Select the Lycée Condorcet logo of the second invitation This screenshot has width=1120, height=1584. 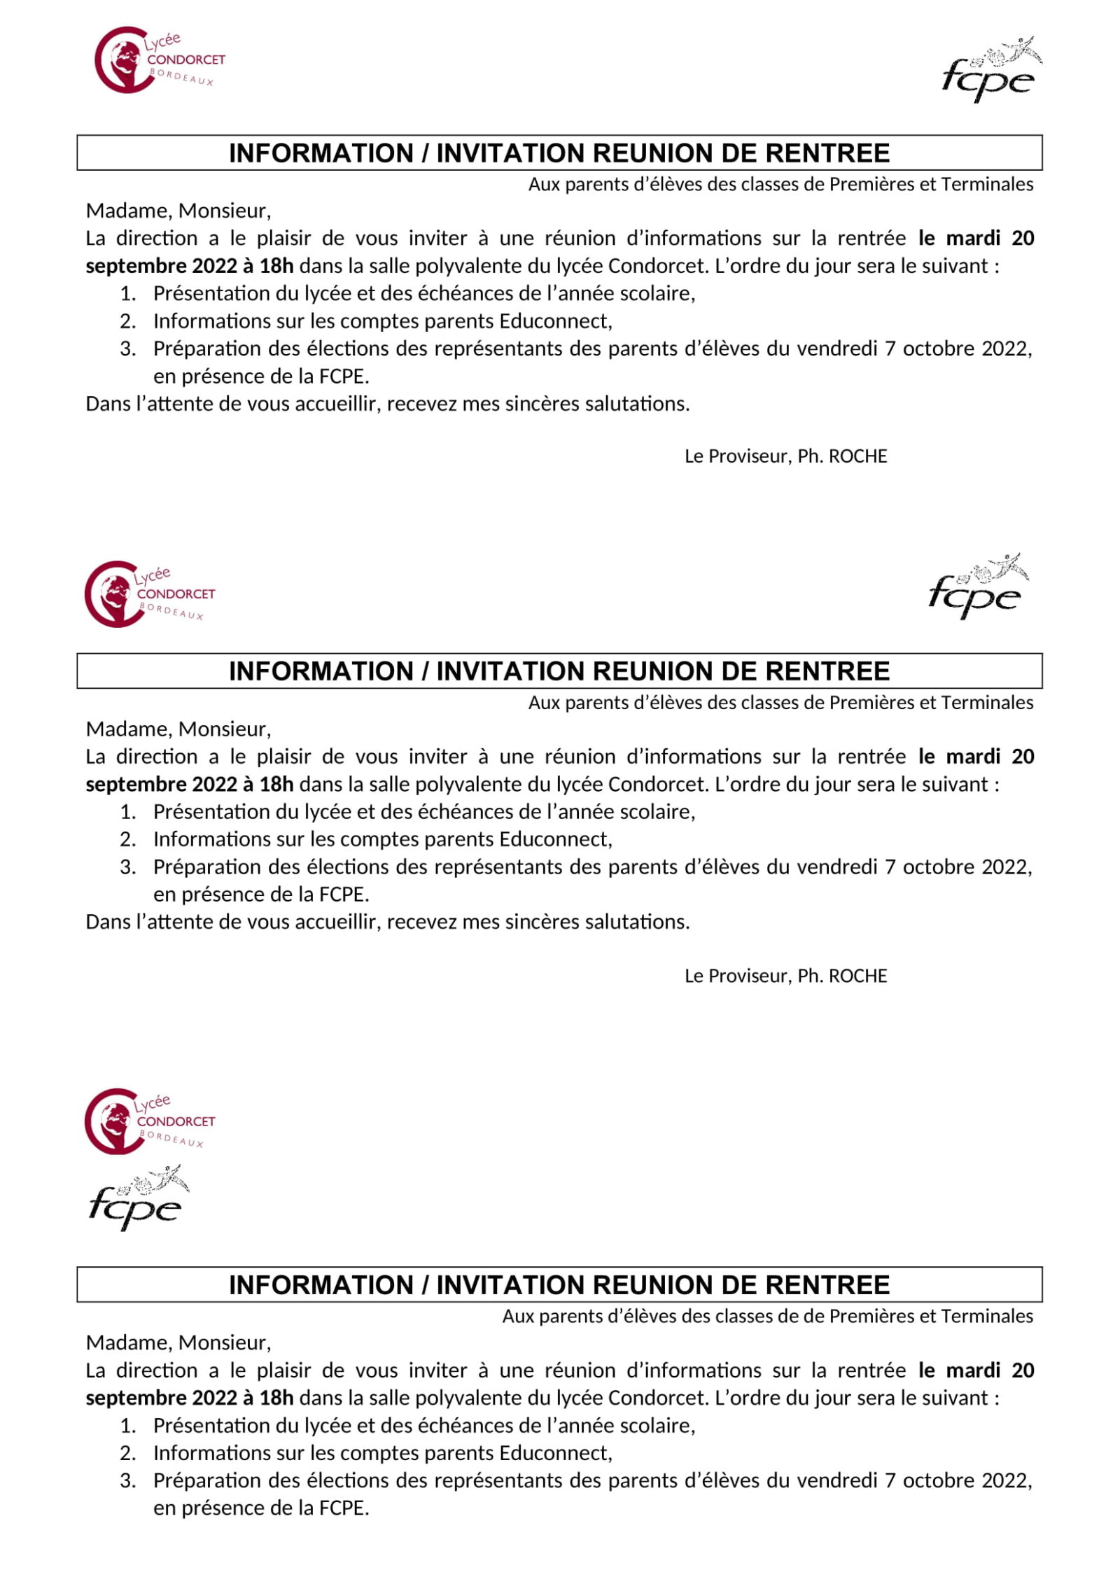coord(148,594)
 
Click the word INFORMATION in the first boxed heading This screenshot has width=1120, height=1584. coord(321,153)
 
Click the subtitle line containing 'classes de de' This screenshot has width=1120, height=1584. coord(767,1316)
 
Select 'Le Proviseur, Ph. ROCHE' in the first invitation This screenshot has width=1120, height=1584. coord(785,456)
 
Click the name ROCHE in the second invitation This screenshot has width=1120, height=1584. coord(857,976)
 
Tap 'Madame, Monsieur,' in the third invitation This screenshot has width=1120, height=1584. coord(178,1343)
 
